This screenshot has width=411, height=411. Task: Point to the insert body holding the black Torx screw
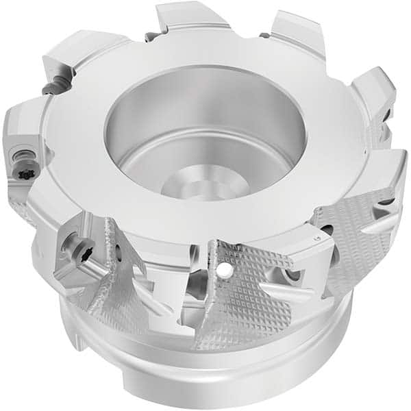(x=24, y=147)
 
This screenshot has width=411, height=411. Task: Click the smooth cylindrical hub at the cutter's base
(x=206, y=370)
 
